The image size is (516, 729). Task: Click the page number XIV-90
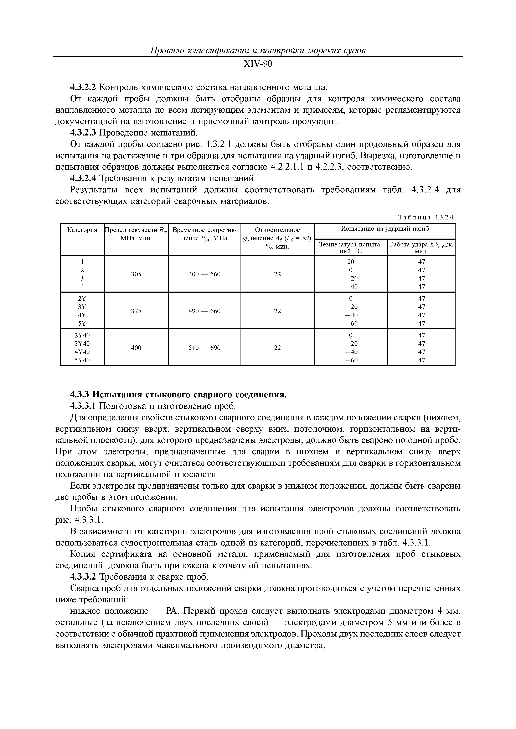[x=258, y=64]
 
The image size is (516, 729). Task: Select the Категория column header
[x=82, y=230]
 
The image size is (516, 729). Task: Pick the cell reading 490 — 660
[x=205, y=311]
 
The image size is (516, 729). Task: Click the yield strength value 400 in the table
[x=136, y=348]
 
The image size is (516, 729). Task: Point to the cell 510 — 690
[x=205, y=348]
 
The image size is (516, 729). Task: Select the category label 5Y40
[x=82, y=360]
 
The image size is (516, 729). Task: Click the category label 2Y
[x=82, y=298]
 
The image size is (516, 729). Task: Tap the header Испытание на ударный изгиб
[x=385, y=229]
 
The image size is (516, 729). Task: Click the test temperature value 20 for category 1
[x=351, y=262]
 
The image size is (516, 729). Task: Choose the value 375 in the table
[x=136, y=311]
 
